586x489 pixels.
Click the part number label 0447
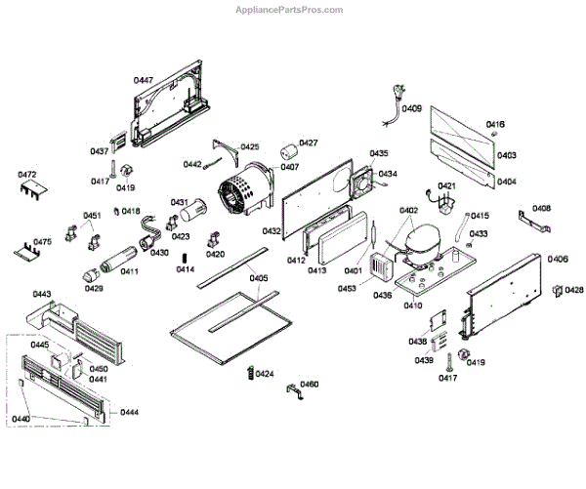coord(144,78)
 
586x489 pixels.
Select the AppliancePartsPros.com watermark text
coord(292,9)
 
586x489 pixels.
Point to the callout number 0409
coord(412,109)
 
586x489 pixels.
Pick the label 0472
coord(27,175)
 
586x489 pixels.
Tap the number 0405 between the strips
coord(257,277)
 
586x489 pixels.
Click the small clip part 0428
coord(558,290)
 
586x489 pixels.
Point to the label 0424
coord(265,374)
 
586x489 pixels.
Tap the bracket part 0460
coord(289,389)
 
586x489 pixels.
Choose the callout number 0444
coord(129,414)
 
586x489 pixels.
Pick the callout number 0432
coord(272,231)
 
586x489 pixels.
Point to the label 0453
coord(348,288)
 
